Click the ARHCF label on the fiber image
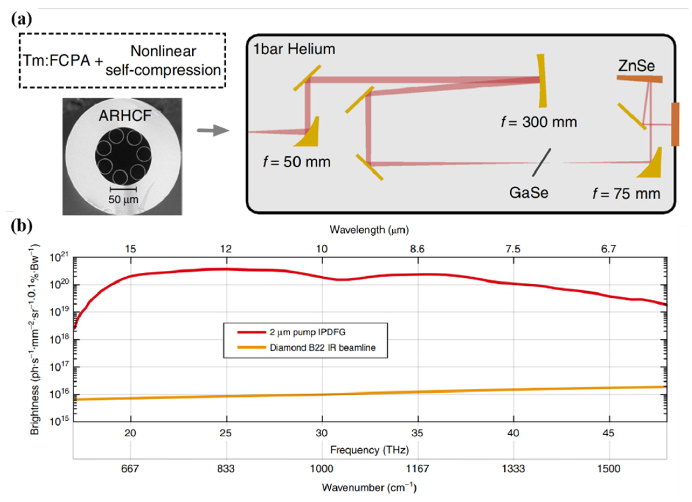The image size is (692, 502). point(125,116)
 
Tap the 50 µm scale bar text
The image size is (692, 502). point(123,200)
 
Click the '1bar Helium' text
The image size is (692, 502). point(294,49)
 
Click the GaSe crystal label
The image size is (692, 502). point(528,193)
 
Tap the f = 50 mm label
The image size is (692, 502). point(297,162)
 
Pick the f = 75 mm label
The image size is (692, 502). point(626,194)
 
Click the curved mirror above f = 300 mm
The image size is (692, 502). point(542,81)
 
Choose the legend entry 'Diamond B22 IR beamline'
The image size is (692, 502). point(322,348)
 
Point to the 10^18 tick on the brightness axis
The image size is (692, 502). point(60,339)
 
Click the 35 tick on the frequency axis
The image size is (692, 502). point(417,433)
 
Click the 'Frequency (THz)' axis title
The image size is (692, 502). point(369,450)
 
